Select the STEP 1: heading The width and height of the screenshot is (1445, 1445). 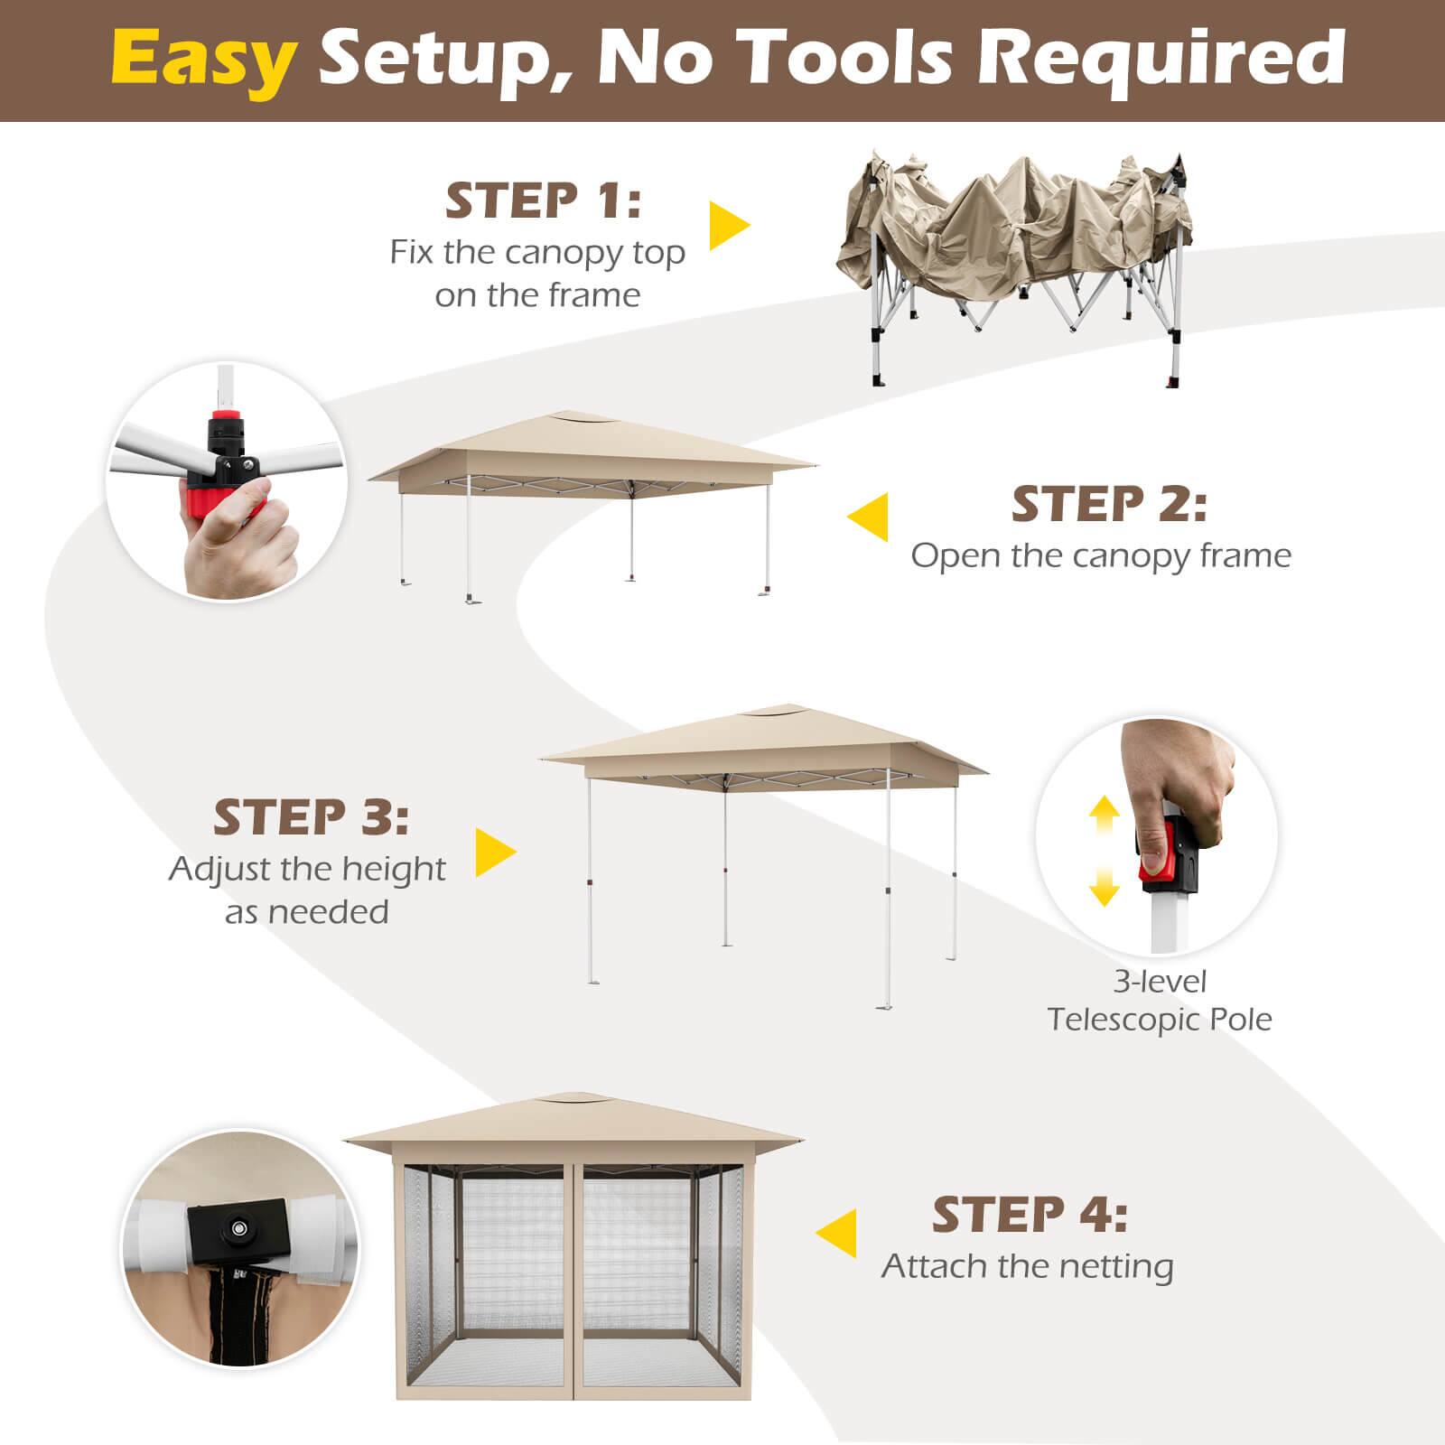point(543,200)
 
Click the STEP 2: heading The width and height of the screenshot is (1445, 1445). point(1109,504)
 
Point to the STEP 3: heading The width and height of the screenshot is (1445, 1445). point(311,817)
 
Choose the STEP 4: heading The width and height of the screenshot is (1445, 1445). point(1030,1215)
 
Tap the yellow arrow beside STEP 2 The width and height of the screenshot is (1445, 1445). point(868,517)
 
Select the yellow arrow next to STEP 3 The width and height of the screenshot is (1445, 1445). point(494,853)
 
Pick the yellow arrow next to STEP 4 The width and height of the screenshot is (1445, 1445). point(837,1233)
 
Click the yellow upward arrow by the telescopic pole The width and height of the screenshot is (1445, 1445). point(1104,818)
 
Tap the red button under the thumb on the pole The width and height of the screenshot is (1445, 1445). point(1155,865)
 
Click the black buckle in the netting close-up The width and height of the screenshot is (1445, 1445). point(239,1228)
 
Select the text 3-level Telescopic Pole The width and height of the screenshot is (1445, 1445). point(1160,1000)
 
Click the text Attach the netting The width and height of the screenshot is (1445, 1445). point(1028,1266)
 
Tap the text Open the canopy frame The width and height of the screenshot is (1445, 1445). point(1101,555)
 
